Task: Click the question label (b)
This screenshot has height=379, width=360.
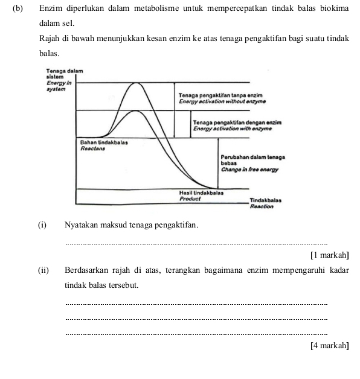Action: point(17,9)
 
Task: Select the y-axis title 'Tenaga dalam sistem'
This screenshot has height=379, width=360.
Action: point(63,74)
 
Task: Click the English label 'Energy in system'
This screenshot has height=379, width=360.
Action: point(59,85)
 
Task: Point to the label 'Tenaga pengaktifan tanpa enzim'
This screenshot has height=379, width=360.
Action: point(220,96)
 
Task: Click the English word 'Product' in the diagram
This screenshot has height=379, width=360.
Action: point(190,198)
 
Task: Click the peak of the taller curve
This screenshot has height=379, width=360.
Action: point(138,84)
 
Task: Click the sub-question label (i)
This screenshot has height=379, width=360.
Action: point(42,225)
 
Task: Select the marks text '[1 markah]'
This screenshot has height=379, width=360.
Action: point(329,255)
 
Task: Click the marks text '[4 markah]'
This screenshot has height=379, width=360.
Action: point(329,345)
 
